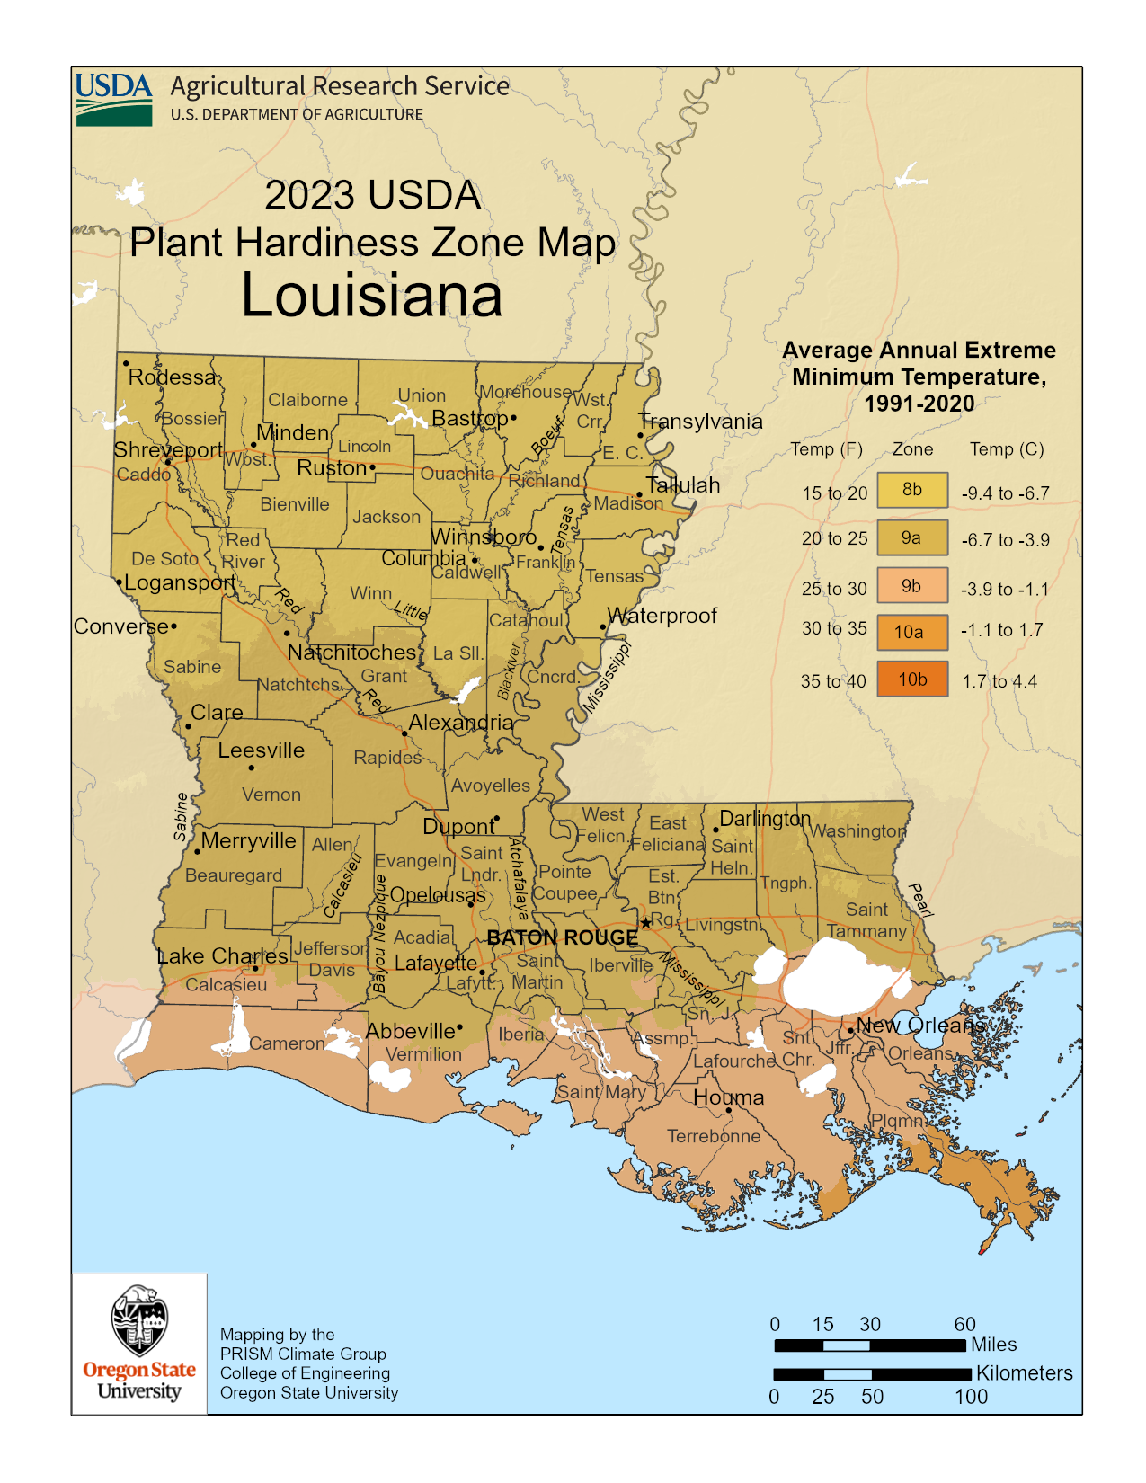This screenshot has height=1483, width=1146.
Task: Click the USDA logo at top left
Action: [113, 99]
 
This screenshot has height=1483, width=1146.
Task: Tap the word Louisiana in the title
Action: [371, 295]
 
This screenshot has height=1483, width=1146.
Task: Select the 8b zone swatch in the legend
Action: [912, 490]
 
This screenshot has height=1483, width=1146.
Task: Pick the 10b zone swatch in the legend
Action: [912, 679]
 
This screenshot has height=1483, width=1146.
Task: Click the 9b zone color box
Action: [912, 586]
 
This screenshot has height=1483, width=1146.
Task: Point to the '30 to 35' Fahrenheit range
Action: [834, 629]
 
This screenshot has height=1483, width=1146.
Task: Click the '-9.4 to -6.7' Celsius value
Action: [1005, 493]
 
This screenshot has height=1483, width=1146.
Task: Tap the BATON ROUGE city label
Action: [562, 937]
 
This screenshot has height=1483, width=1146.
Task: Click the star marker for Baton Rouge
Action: [645, 923]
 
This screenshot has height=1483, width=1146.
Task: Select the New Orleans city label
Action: [919, 1025]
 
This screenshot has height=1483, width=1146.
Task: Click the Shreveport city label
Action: [168, 449]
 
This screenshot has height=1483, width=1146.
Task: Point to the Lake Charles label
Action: [222, 955]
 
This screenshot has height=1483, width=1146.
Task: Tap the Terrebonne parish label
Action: [714, 1136]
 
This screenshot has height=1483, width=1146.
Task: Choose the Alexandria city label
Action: [460, 722]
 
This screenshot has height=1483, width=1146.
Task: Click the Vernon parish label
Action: [271, 795]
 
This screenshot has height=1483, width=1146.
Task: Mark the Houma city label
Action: [728, 1097]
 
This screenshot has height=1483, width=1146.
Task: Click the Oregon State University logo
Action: [139, 1343]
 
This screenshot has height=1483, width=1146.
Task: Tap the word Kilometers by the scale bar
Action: [1024, 1373]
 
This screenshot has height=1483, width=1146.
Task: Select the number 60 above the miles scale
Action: [964, 1324]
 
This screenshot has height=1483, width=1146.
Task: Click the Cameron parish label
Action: [287, 1043]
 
